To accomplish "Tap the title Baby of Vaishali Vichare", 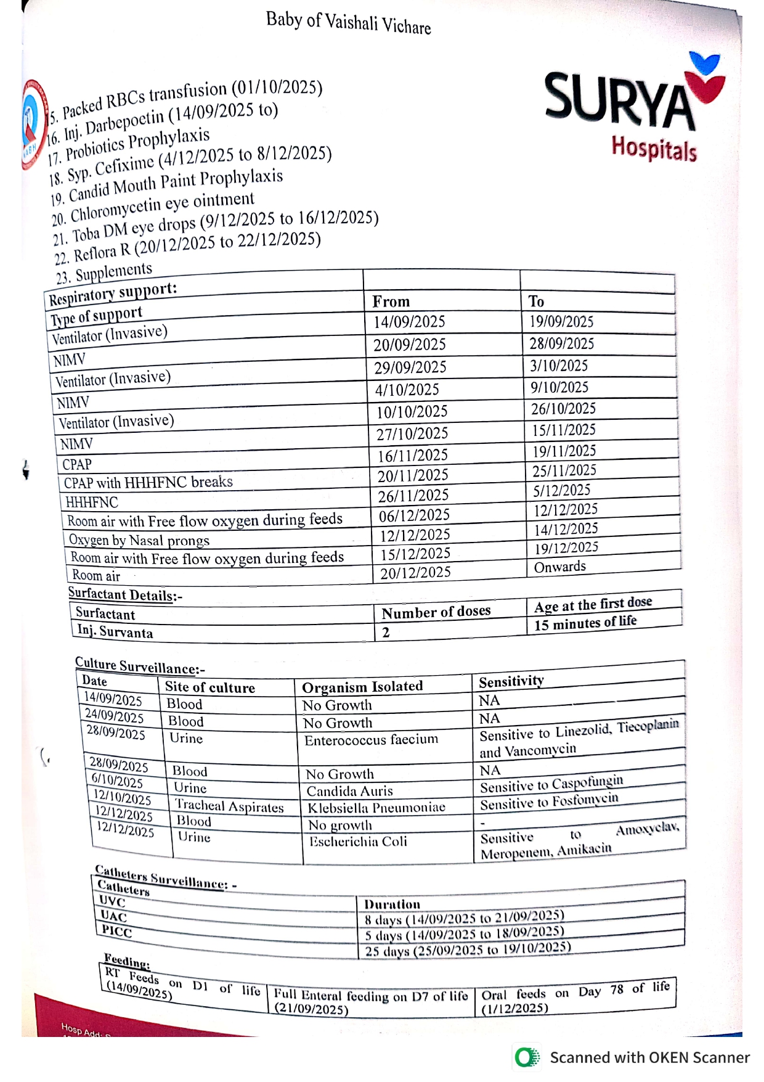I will (348, 23).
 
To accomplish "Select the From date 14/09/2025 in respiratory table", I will (409, 322).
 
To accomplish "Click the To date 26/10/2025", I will (563, 409).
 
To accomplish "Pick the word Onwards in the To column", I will (559, 567).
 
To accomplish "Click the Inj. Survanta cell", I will (115, 632).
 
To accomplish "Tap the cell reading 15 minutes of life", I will (585, 623).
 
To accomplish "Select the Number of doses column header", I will (436, 612).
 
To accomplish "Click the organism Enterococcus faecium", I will (371, 739).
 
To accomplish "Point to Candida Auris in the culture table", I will (349, 791).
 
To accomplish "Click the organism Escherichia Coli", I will (358, 842).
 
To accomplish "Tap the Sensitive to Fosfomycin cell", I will (549, 802).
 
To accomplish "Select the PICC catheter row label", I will (116, 931).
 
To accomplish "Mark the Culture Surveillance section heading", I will (140, 666).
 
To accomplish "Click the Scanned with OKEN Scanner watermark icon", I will (527, 1057).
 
